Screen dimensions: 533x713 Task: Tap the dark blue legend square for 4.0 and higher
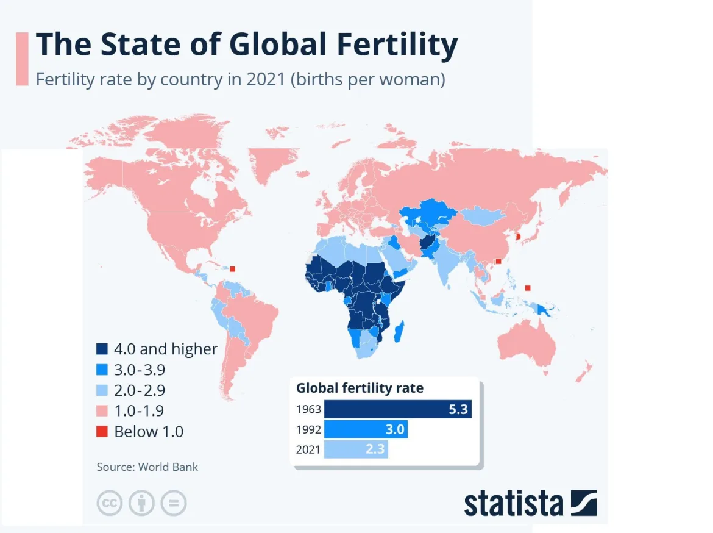click(x=102, y=349)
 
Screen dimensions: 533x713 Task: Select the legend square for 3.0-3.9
click(x=102, y=370)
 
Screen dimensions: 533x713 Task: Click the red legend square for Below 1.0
click(x=102, y=432)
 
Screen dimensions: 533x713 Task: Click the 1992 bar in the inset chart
click(x=365, y=429)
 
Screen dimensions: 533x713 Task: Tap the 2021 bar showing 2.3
click(x=356, y=449)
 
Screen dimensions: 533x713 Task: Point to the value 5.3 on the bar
click(x=458, y=409)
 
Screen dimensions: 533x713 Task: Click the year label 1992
click(x=309, y=429)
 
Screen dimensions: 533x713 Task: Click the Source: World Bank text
click(x=147, y=467)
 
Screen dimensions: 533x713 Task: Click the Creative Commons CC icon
click(x=109, y=503)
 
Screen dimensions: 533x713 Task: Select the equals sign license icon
click(x=174, y=503)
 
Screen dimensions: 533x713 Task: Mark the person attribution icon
click(x=141, y=503)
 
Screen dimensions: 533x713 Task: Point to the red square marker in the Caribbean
click(x=232, y=268)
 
